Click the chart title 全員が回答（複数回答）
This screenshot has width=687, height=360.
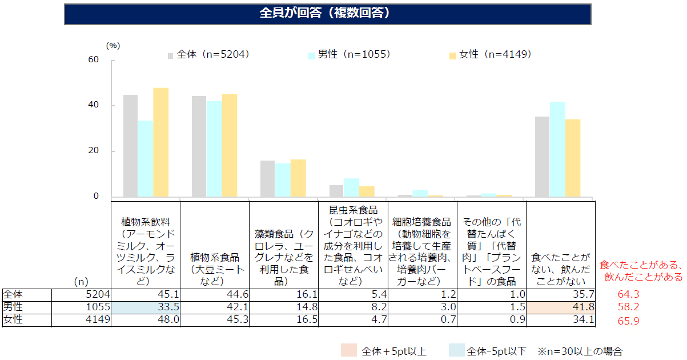[327, 14]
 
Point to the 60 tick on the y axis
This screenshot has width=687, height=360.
[94, 60]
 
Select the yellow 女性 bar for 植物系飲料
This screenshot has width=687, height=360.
[160, 142]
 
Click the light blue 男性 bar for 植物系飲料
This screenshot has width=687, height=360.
[146, 159]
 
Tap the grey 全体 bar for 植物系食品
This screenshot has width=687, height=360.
[199, 146]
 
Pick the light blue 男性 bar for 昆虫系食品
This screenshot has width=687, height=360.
[351, 187]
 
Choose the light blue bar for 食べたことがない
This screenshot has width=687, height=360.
[557, 150]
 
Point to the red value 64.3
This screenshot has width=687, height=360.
[628, 294]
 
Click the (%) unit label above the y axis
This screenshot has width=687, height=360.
[113, 45]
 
